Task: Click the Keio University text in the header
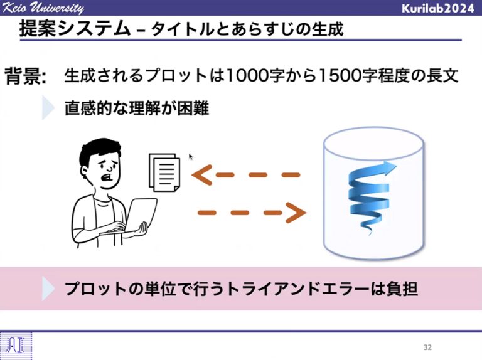pyautogui.click(x=42, y=8)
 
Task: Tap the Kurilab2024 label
pyautogui.click(x=437, y=8)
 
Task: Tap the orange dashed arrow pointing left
pyautogui.click(x=245, y=175)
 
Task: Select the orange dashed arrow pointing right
pyautogui.click(x=252, y=213)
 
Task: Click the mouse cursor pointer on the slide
pyautogui.click(x=191, y=157)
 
